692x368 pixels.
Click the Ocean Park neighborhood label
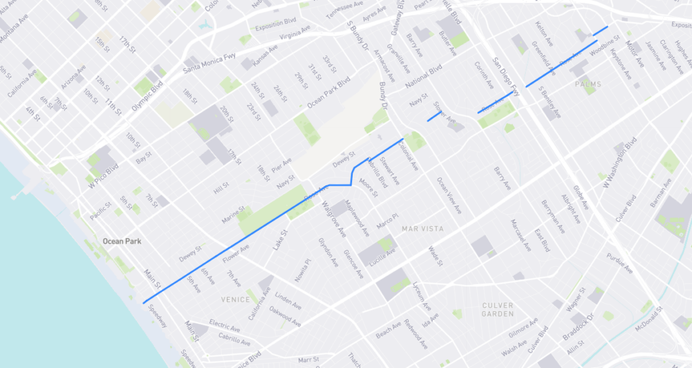122,240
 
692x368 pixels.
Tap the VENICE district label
236,298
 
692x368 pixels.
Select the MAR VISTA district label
422,229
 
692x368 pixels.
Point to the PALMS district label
588,84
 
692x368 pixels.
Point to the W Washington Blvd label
620,163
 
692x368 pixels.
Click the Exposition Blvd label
276,28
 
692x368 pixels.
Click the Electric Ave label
224,324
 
